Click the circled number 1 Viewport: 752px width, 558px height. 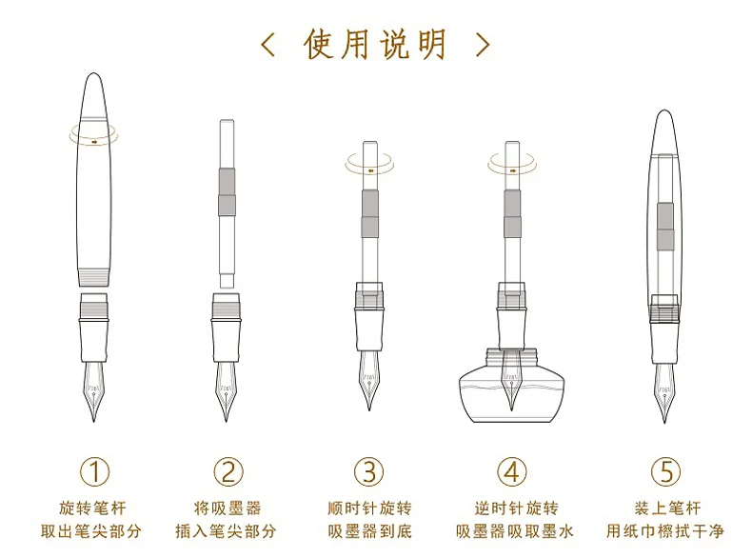click(94, 470)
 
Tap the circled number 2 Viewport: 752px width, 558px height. click(228, 470)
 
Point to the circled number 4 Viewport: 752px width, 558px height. click(511, 470)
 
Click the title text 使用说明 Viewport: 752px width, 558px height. click(376, 45)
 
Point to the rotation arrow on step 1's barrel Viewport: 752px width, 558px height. click(94, 139)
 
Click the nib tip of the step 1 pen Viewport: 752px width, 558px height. click(94, 419)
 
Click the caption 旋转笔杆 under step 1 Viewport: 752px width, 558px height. click(94, 508)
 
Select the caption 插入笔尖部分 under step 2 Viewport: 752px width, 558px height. click(226, 530)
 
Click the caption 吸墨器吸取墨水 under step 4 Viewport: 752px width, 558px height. click(511, 530)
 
